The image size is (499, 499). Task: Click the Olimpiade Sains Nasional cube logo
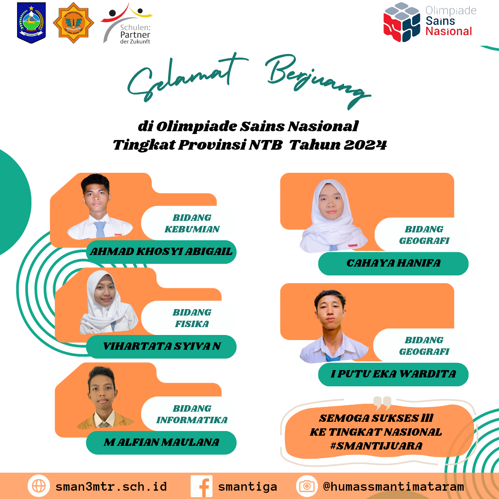click(402, 22)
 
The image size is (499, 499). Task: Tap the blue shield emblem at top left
click(31, 23)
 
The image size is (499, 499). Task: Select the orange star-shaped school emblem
click(73, 23)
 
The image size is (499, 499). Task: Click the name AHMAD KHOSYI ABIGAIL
click(161, 251)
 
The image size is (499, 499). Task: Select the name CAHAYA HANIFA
click(393, 263)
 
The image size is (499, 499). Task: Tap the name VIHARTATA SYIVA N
click(162, 346)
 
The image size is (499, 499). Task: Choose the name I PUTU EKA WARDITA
click(393, 374)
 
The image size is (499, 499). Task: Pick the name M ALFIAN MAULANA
click(161, 442)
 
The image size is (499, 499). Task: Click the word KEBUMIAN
click(192, 229)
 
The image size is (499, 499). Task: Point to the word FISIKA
click(192, 324)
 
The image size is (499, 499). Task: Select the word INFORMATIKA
click(192, 420)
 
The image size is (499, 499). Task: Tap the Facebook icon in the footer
click(201, 486)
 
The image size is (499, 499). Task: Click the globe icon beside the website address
click(39, 486)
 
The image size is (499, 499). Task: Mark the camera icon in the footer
click(307, 486)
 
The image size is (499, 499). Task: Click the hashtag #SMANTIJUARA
click(376, 446)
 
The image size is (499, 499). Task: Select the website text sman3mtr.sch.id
click(111, 487)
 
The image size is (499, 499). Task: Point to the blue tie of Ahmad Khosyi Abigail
click(100, 229)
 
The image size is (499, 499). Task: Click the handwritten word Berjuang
click(318, 81)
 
